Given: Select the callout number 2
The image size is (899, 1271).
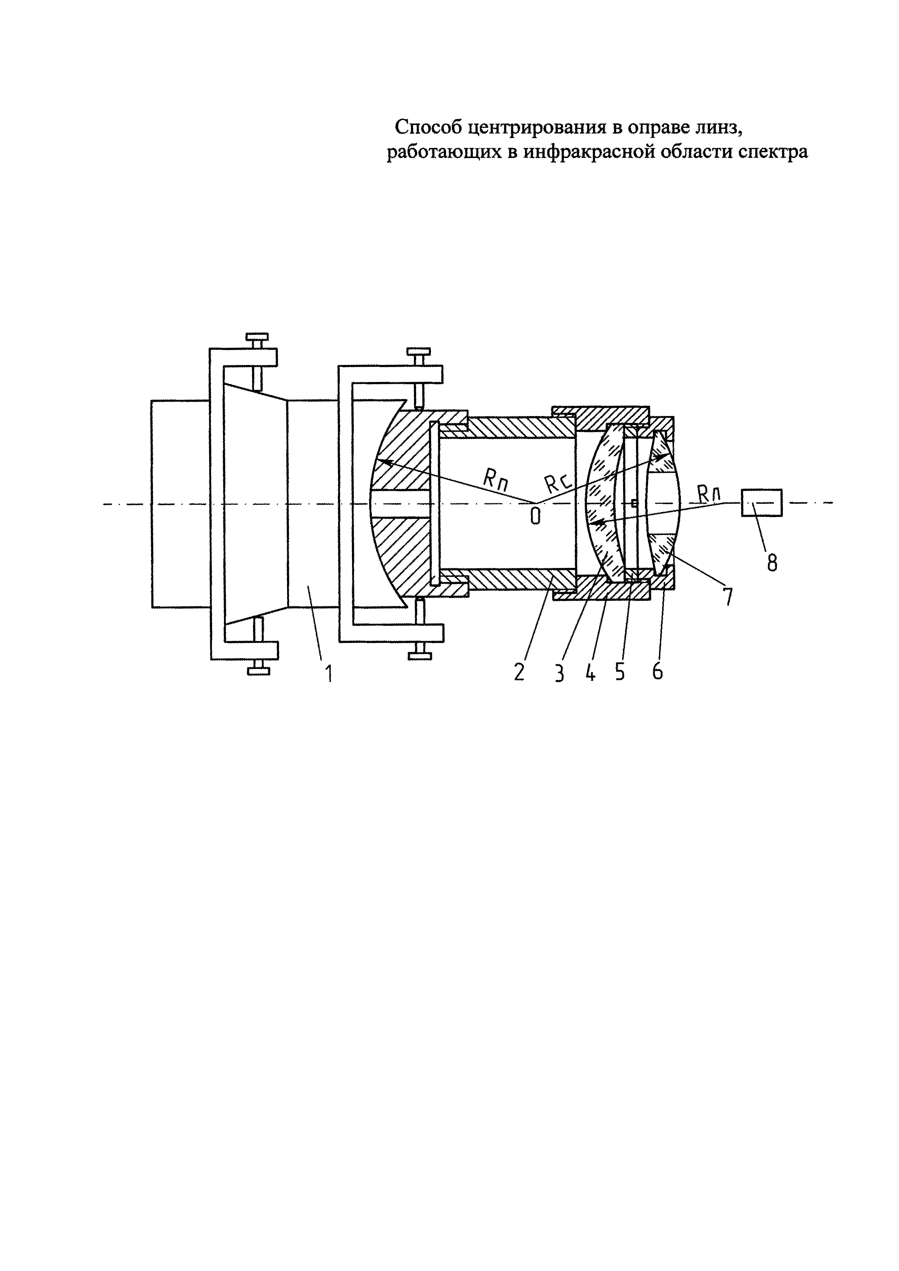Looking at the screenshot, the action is [x=519, y=672].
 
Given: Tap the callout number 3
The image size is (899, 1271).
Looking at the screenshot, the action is [x=560, y=673].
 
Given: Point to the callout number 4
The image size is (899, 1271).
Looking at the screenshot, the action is [x=590, y=672].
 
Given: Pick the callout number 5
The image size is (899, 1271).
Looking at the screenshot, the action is [x=620, y=672].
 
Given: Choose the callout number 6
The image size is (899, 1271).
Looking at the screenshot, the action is [x=657, y=672].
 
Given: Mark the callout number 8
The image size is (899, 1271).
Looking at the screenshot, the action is [x=772, y=562].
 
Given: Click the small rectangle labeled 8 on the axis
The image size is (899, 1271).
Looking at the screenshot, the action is [x=762, y=503].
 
